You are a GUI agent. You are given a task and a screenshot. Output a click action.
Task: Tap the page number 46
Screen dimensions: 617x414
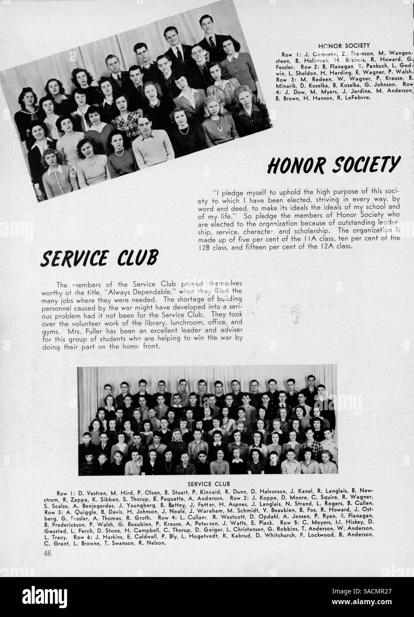pyautogui.click(x=48, y=554)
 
